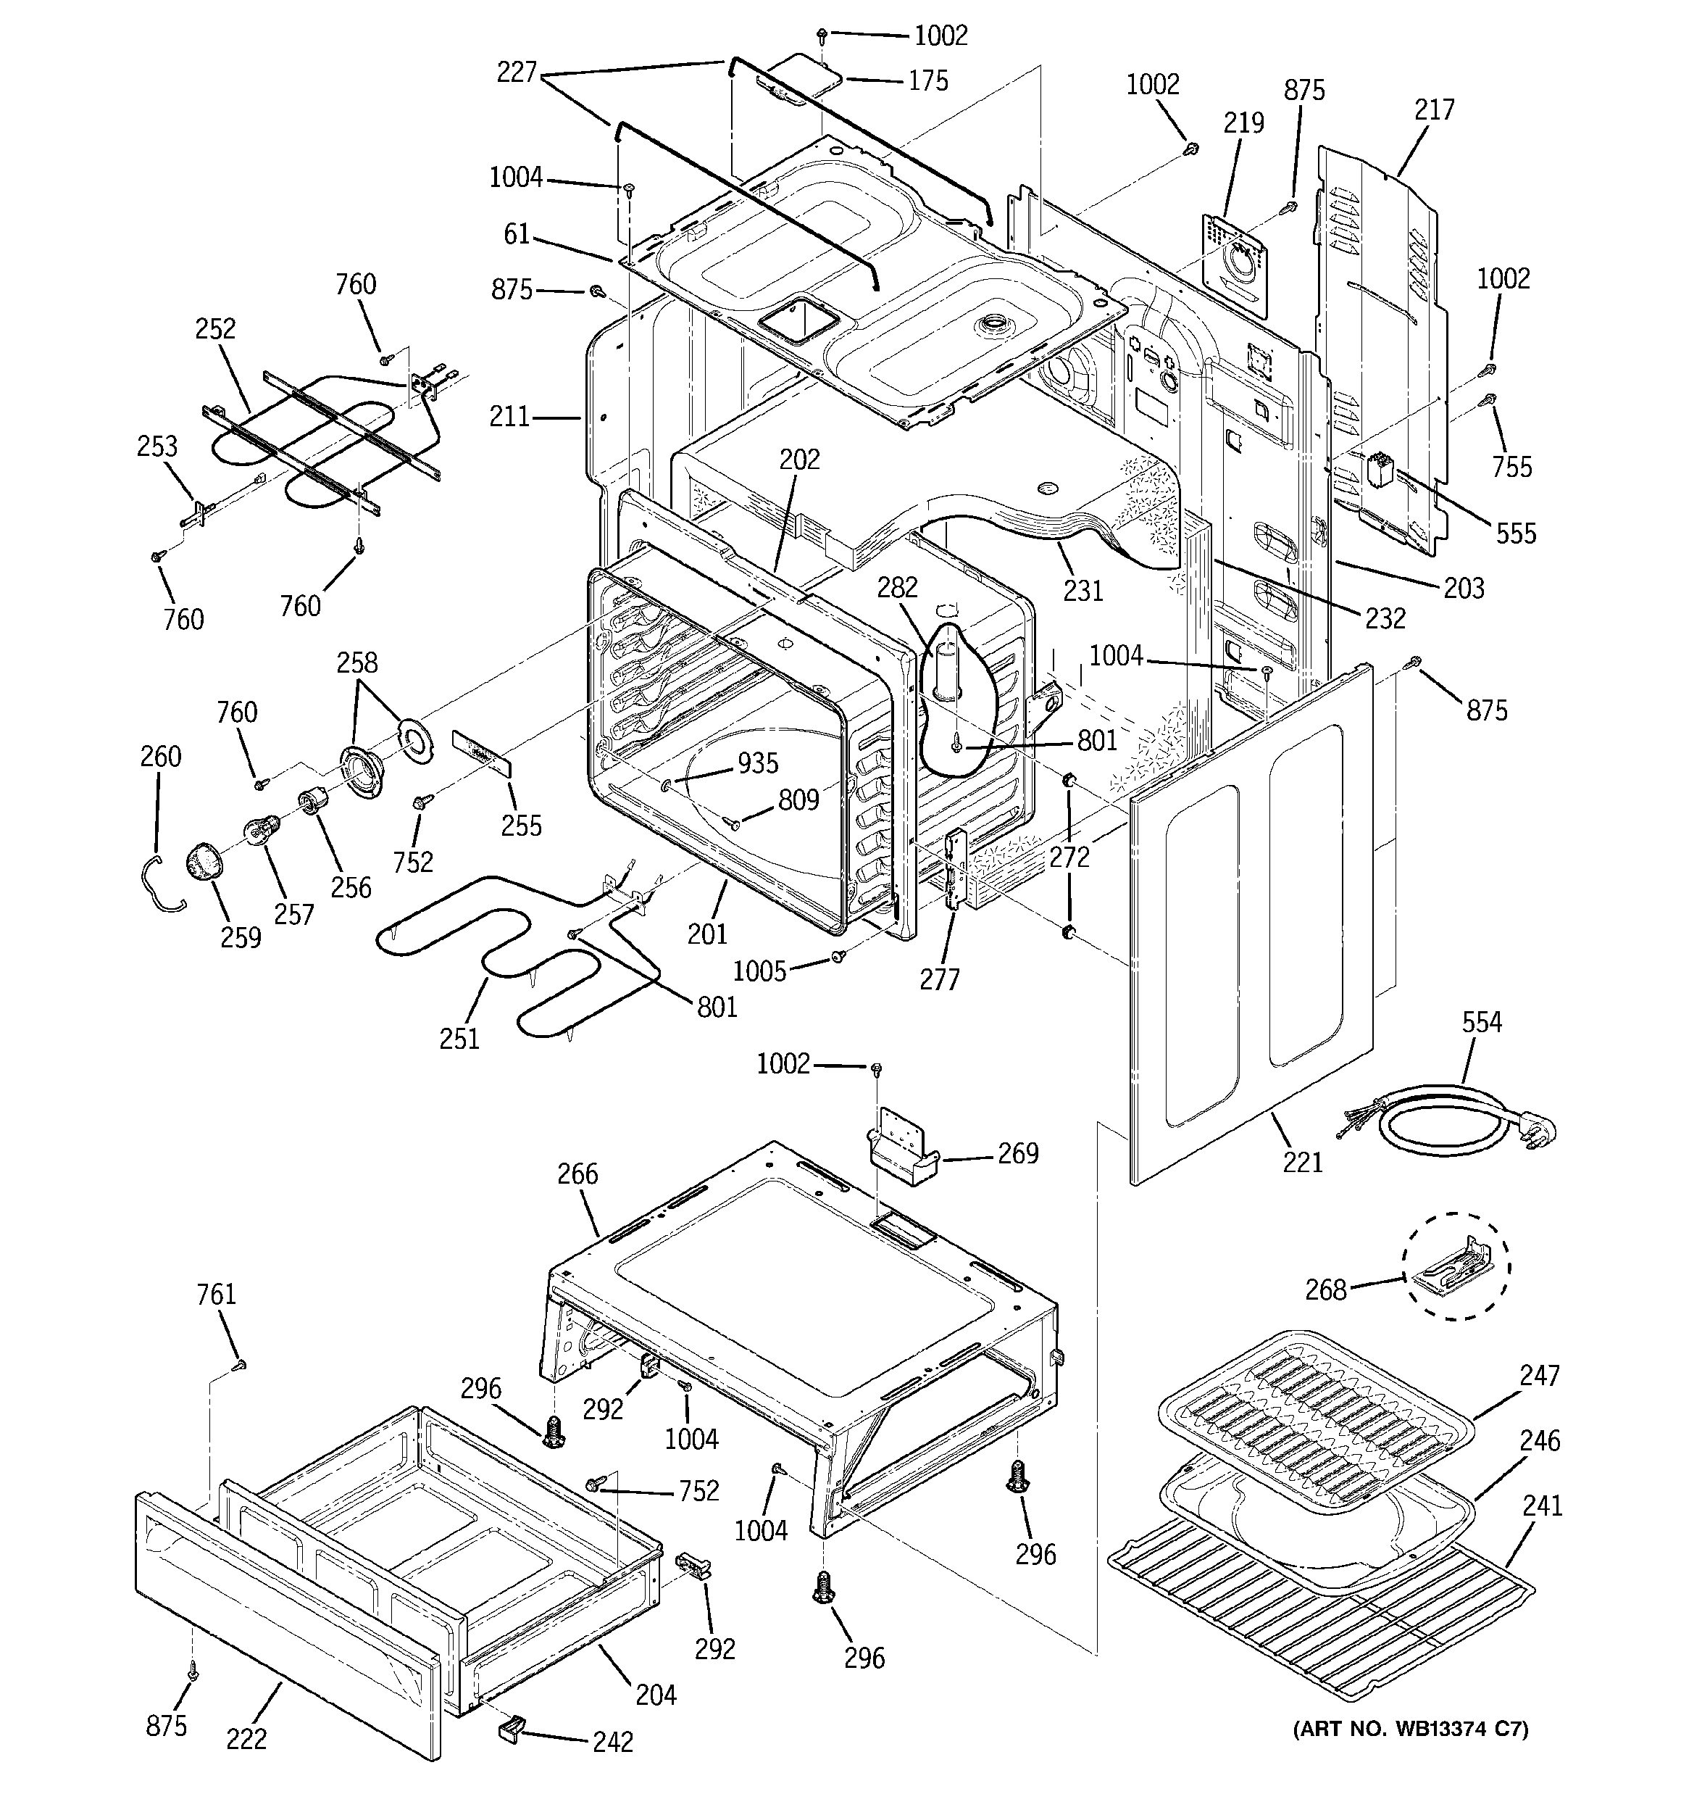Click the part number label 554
pyautogui.click(x=1482, y=1023)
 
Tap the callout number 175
pyautogui.click(x=928, y=81)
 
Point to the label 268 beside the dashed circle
pyautogui.click(x=1325, y=1290)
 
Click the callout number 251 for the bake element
pyautogui.click(x=459, y=1039)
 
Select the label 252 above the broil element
pyautogui.click(x=214, y=328)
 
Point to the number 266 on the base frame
pyautogui.click(x=577, y=1174)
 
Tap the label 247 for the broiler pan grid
pyautogui.click(x=1539, y=1375)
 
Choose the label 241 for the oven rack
pyautogui.click(x=1542, y=1506)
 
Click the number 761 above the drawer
pyautogui.click(x=216, y=1295)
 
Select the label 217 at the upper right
pyautogui.click(x=1434, y=110)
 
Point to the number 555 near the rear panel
pyautogui.click(x=1516, y=533)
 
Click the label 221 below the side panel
pyautogui.click(x=1303, y=1161)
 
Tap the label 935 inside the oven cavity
pyautogui.click(x=758, y=763)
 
